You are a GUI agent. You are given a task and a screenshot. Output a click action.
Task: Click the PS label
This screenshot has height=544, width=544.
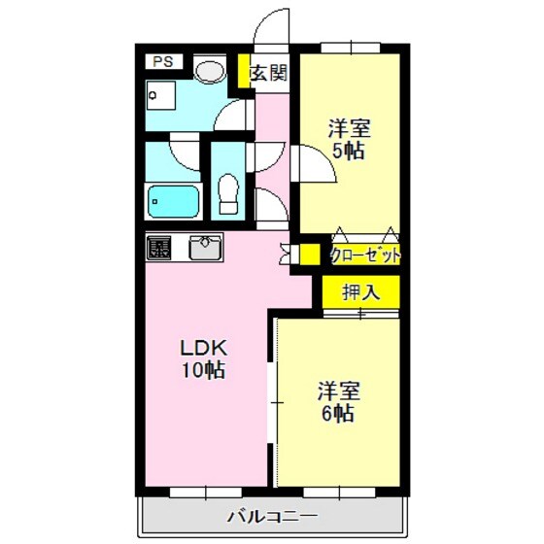[x=162, y=62]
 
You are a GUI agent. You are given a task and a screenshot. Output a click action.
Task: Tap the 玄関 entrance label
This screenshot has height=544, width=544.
[x=269, y=74]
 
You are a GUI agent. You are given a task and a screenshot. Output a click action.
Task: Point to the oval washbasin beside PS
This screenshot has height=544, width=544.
[x=208, y=69]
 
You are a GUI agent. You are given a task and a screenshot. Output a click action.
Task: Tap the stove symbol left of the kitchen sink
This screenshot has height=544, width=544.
[x=158, y=248]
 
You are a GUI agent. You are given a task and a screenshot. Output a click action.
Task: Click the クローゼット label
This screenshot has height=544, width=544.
[x=365, y=255]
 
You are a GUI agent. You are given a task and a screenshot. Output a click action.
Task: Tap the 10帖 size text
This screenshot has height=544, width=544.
[x=203, y=370]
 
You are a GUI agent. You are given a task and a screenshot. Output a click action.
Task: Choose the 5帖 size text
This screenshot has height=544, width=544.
[x=351, y=151]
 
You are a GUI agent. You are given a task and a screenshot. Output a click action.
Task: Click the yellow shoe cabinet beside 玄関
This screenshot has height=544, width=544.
[x=245, y=73]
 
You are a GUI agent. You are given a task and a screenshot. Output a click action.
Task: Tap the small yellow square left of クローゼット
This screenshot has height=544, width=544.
[x=309, y=255]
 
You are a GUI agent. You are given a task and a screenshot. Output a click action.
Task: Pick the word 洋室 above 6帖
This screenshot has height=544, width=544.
[x=339, y=391]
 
